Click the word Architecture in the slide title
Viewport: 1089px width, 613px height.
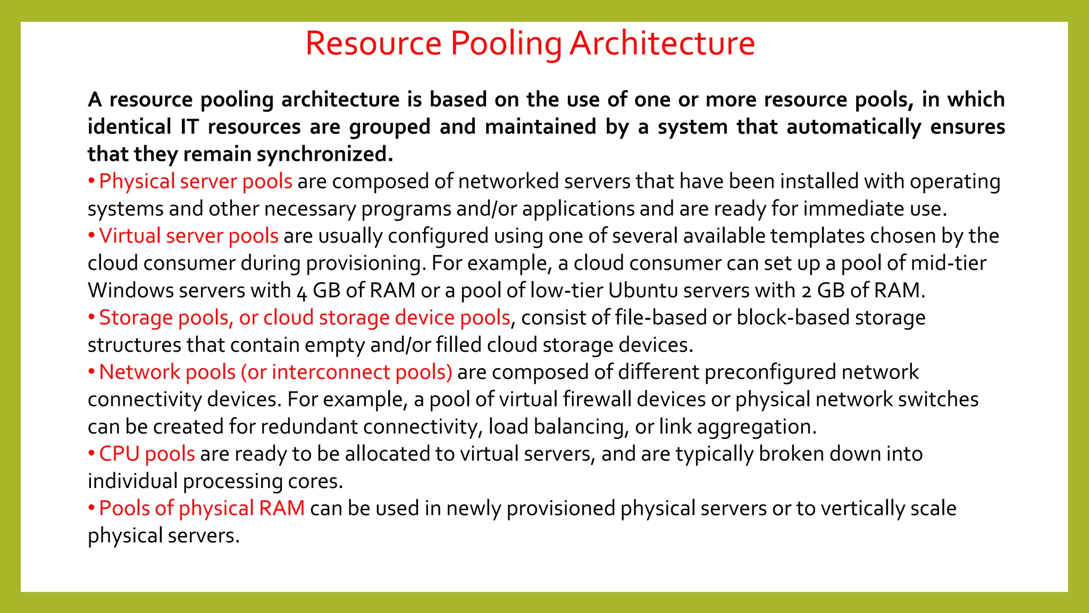click(x=662, y=43)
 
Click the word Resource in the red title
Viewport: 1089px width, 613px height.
click(x=373, y=43)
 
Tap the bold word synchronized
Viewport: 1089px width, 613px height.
click(x=325, y=154)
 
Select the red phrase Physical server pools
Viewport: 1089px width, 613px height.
click(x=196, y=181)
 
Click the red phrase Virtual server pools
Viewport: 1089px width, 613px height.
click(x=189, y=236)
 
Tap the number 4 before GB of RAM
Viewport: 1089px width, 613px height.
click(x=302, y=292)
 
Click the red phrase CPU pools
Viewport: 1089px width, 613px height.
click(x=147, y=454)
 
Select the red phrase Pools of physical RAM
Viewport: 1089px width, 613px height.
click(x=202, y=509)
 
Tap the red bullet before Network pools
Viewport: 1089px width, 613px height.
click(x=91, y=371)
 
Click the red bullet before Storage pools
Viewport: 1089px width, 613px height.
click(x=91, y=317)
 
